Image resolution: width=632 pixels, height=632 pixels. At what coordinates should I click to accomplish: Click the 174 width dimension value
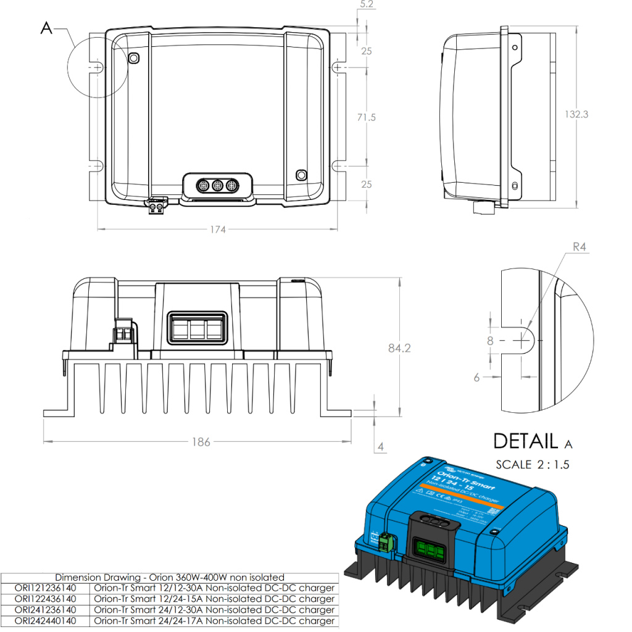click(x=217, y=230)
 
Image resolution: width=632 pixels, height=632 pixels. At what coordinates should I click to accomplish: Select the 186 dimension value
click(x=201, y=442)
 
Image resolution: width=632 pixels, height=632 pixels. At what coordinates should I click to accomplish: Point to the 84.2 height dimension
click(x=399, y=348)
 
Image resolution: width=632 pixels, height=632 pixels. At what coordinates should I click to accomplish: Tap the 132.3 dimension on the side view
click(x=576, y=114)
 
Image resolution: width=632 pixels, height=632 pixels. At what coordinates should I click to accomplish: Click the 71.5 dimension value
click(x=367, y=117)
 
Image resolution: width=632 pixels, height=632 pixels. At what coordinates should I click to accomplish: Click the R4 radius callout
click(x=579, y=247)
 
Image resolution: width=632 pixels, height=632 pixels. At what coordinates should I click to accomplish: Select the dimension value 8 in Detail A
click(x=490, y=340)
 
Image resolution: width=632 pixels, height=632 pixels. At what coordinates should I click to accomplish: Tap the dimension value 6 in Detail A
click(x=476, y=378)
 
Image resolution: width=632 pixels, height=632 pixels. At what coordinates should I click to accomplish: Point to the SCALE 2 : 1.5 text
click(x=533, y=465)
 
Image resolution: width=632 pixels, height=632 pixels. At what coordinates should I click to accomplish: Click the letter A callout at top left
click(x=46, y=28)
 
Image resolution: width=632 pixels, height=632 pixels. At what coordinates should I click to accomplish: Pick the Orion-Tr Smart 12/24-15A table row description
click(x=214, y=599)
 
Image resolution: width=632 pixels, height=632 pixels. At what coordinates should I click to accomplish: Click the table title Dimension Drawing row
click(x=170, y=578)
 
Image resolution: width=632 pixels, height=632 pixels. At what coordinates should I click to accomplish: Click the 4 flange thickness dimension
click(x=381, y=446)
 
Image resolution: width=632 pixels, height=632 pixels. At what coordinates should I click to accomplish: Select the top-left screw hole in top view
click(x=134, y=58)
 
